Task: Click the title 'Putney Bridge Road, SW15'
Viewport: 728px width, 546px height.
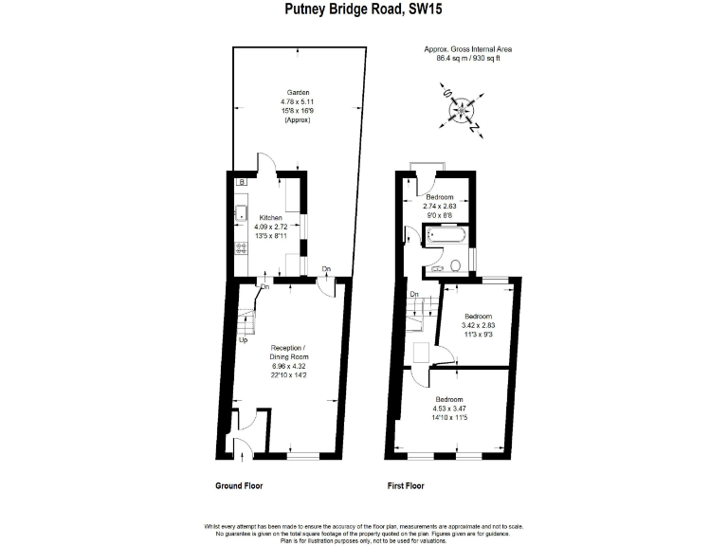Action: (x=364, y=9)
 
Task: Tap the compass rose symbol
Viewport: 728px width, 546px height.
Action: (x=462, y=111)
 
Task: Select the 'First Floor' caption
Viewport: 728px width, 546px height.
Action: (x=406, y=486)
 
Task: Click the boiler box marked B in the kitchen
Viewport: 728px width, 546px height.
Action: (x=241, y=181)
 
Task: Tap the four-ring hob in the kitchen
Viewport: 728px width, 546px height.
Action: (x=241, y=251)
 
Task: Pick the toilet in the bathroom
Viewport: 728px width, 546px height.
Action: (x=456, y=264)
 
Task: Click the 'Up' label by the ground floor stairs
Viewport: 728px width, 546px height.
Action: (x=245, y=340)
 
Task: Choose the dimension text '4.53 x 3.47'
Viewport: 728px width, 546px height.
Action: (x=450, y=410)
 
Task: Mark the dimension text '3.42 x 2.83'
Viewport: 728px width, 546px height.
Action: (x=477, y=326)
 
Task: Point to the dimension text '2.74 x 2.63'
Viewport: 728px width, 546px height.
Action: (x=439, y=206)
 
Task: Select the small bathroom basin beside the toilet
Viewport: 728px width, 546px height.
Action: (x=438, y=269)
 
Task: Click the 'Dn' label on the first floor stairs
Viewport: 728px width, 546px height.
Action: (x=414, y=295)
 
